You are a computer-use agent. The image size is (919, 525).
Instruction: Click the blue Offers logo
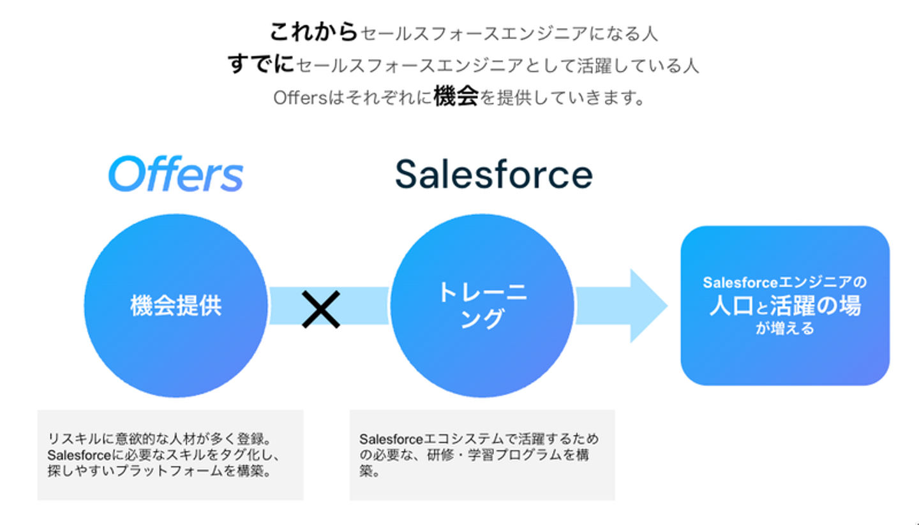tap(176, 174)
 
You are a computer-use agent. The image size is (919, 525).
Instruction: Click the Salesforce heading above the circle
tap(494, 174)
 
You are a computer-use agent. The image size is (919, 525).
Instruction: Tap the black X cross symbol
tap(321, 309)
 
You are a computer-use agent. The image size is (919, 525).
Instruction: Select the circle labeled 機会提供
tap(176, 306)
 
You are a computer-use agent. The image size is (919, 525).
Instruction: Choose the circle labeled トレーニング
tap(482, 306)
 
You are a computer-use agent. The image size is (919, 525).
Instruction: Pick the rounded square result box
tap(785, 306)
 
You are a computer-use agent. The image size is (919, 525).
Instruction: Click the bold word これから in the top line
tap(314, 32)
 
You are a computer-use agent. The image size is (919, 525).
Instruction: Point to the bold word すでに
tap(261, 64)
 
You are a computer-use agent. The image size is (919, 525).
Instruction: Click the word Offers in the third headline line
tap(301, 98)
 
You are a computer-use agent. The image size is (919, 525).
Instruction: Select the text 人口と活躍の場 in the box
tap(785, 306)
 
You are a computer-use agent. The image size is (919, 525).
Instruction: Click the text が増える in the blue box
tap(785, 328)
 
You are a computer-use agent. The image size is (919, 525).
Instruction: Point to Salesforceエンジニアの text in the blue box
tap(785, 282)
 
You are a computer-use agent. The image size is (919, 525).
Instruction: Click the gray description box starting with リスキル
tap(170, 455)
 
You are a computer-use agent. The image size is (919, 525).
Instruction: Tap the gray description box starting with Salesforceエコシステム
tap(482, 455)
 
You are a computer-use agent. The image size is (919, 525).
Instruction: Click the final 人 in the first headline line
tap(650, 33)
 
